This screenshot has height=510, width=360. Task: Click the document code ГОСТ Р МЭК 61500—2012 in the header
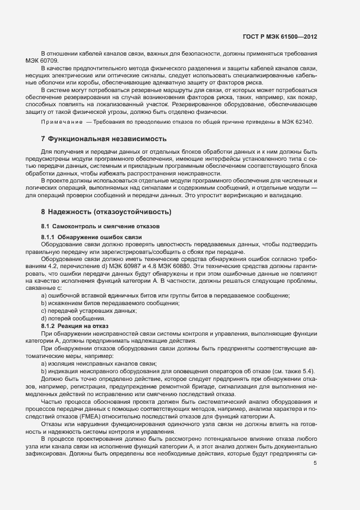279,37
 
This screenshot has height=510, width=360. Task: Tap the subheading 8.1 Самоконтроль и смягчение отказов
94,226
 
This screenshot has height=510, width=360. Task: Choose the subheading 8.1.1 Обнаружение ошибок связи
91,237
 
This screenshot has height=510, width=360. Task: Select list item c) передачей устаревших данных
88,310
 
